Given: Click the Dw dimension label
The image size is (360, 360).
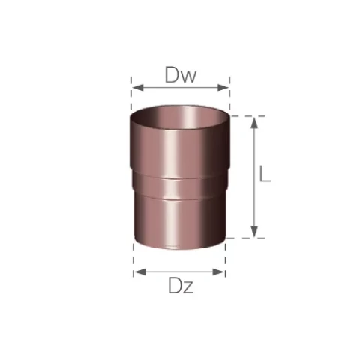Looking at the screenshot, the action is tap(181, 74).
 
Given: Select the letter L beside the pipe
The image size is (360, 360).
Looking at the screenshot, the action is tap(265, 173).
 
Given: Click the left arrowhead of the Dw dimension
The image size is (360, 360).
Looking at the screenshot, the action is tap(138, 88).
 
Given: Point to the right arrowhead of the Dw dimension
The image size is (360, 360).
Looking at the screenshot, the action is tap(223, 88).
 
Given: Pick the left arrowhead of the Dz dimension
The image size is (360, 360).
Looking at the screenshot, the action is tap(140, 271).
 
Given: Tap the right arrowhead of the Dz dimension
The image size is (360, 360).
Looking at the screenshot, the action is tap(218, 271).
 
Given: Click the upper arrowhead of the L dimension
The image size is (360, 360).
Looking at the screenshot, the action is tap(254, 123).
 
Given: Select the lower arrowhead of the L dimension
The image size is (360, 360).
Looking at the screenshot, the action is tap(254, 231).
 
